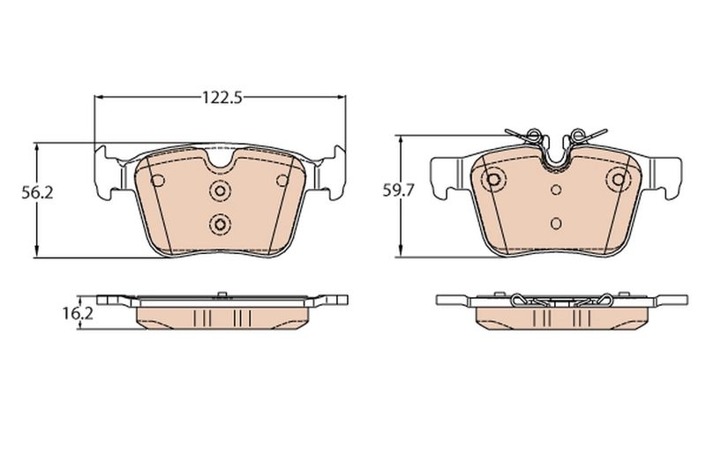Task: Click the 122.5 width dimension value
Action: [x=220, y=98]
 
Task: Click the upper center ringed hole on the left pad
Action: [x=219, y=190]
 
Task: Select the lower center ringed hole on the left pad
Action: [x=219, y=223]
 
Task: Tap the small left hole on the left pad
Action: [x=158, y=182]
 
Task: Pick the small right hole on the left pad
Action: [x=282, y=182]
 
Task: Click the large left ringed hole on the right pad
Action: [x=494, y=181]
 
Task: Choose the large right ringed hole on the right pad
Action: [x=616, y=181]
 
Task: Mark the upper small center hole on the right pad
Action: [x=555, y=190]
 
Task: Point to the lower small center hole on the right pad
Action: [x=555, y=222]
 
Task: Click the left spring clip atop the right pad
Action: [x=527, y=136]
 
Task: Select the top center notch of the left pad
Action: [x=220, y=163]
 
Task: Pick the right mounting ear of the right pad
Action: [x=668, y=173]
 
